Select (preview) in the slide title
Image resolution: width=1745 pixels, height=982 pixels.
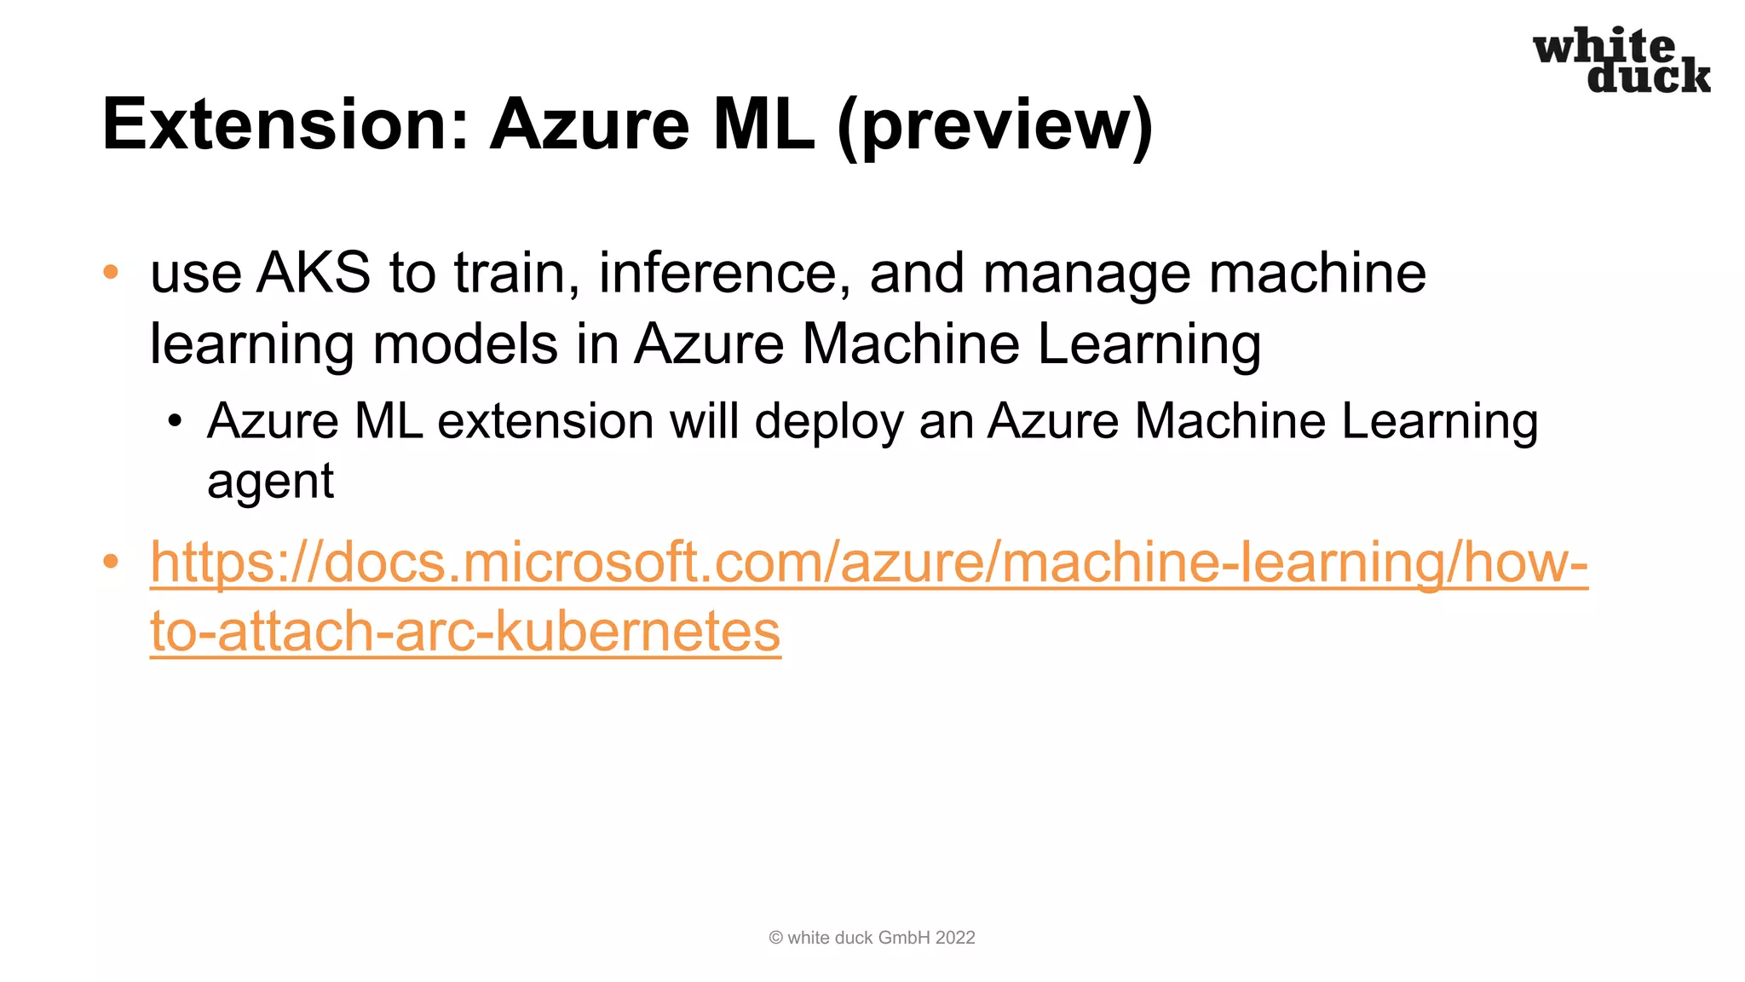pos(995,126)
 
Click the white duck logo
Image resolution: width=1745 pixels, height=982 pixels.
pos(1621,61)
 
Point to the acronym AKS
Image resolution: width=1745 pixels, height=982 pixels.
pos(314,274)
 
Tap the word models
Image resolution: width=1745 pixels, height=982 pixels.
pos(465,344)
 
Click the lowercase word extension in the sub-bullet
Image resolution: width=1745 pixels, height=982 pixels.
pos(544,422)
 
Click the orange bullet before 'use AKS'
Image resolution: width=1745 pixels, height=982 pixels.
pos(111,273)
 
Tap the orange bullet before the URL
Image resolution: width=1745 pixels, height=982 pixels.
pos(111,562)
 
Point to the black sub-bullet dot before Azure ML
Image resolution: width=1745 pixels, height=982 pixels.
pos(175,421)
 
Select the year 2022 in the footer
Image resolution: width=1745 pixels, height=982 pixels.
pos(954,938)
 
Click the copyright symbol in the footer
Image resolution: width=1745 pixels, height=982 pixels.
pos(775,938)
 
